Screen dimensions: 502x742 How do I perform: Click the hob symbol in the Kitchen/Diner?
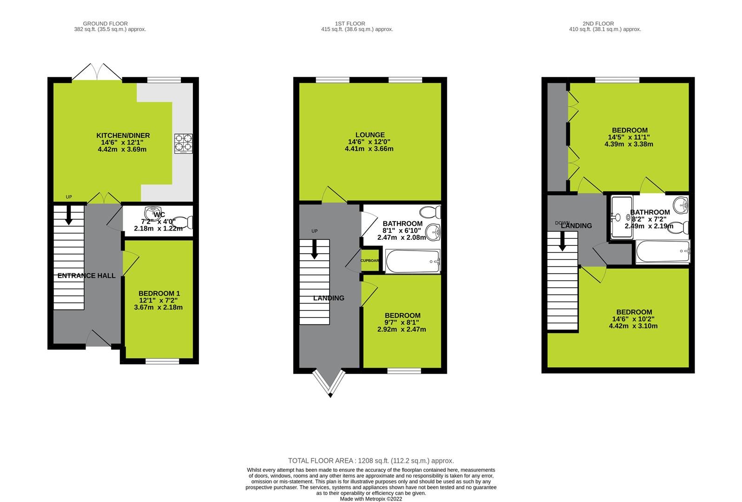pyautogui.click(x=184, y=144)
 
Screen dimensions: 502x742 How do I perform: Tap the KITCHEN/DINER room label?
pyautogui.click(x=123, y=136)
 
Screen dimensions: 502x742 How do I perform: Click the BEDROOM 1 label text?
pyautogui.click(x=159, y=294)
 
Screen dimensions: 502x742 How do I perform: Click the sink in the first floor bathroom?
pyautogui.click(x=433, y=230)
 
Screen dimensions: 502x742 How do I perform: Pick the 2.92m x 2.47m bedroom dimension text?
pyautogui.click(x=401, y=329)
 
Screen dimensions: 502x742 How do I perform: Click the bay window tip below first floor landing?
pyautogui.click(x=331, y=395)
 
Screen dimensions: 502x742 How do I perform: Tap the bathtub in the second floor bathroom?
pyautogui.click(x=663, y=251)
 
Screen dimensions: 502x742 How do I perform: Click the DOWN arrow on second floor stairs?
pyautogui.click(x=562, y=242)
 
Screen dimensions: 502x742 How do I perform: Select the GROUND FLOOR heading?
pyautogui.click(x=105, y=24)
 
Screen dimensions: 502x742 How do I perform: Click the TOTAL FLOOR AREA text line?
pyautogui.click(x=371, y=461)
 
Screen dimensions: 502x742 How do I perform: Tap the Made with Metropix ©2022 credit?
pyautogui.click(x=371, y=499)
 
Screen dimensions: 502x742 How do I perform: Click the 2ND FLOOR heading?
pyautogui.click(x=598, y=24)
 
